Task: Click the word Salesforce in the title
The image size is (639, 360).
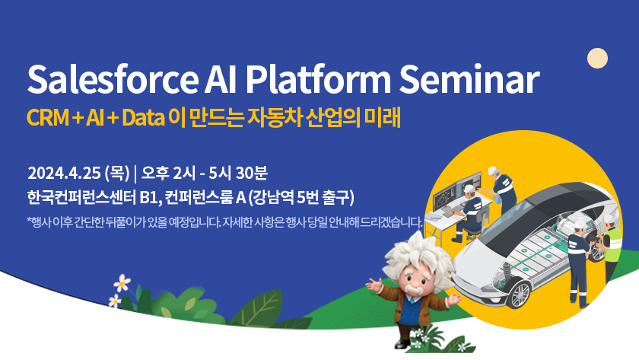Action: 113,79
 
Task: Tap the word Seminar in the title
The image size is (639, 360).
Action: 469,79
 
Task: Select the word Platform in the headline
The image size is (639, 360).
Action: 318,79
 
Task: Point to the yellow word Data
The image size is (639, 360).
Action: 143,118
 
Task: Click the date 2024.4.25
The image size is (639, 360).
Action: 64,174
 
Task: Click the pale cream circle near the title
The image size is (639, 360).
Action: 597,59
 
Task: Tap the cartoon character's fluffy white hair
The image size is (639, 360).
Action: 418,255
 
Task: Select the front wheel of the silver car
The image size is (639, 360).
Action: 519,294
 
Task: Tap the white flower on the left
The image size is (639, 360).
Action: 122,282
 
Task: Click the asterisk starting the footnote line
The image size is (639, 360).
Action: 29,221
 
